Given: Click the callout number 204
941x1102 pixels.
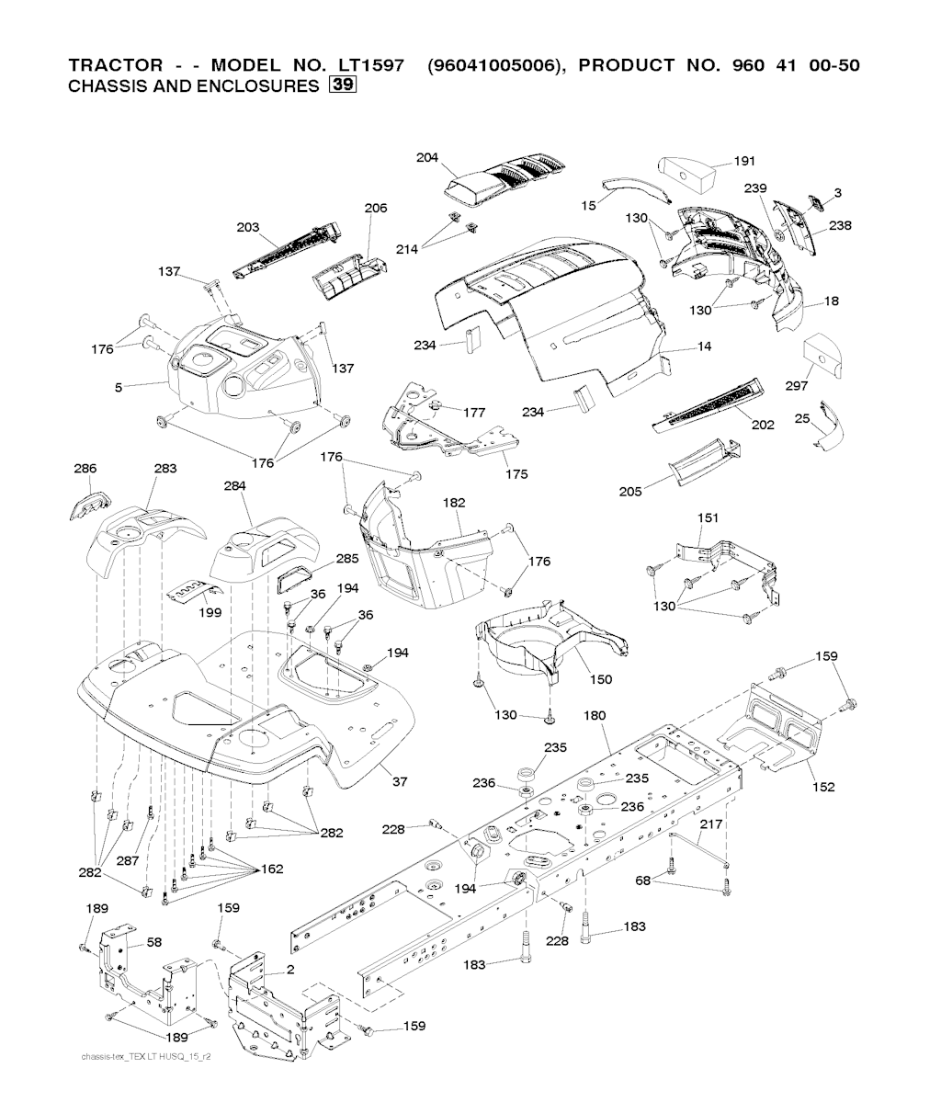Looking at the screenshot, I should click(x=427, y=157).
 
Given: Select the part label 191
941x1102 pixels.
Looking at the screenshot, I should click(x=744, y=162).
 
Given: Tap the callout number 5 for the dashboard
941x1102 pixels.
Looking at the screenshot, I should click(x=119, y=388).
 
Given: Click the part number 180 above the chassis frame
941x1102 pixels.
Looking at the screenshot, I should click(x=595, y=714).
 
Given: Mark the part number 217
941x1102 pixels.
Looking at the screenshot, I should click(x=710, y=824).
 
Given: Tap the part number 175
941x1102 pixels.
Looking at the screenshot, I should click(x=516, y=474).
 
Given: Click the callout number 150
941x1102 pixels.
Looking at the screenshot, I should click(x=601, y=679).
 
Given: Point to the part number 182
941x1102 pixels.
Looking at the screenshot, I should click(x=454, y=503).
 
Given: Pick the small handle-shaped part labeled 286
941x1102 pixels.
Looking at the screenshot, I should click(x=90, y=506).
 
